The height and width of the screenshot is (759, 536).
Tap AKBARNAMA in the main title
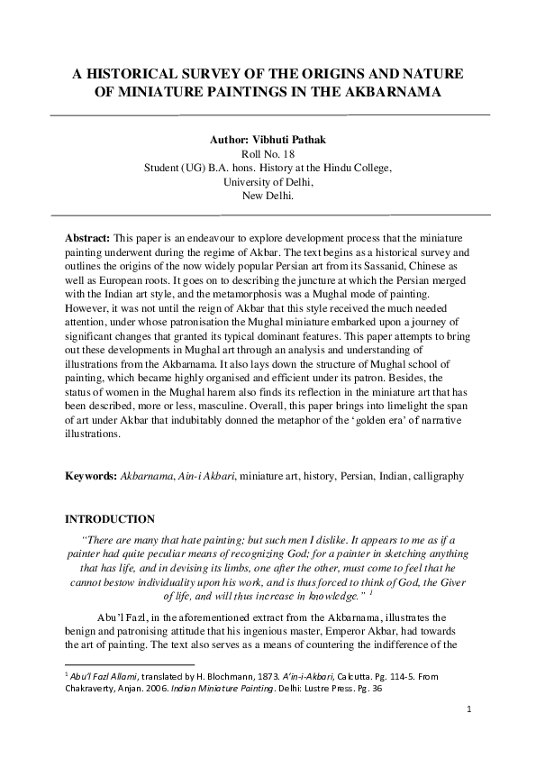[397, 92]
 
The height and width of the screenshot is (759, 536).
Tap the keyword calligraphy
[440, 475]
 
